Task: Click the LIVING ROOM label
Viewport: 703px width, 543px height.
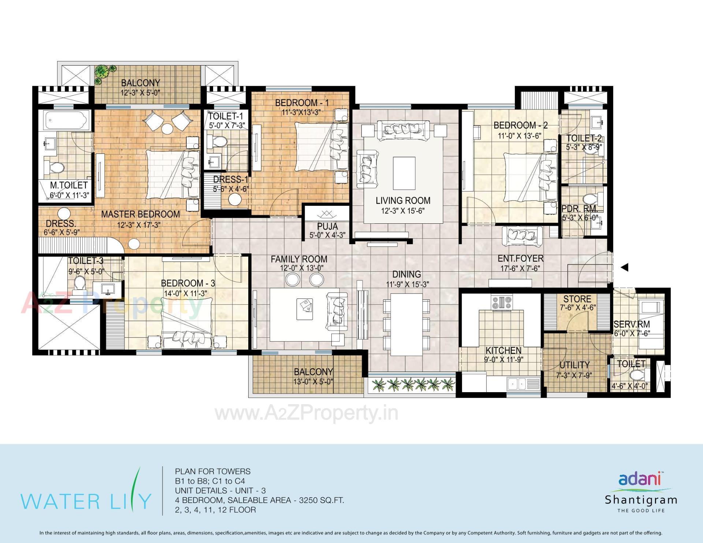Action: coord(403,201)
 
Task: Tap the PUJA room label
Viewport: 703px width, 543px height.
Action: coord(327,226)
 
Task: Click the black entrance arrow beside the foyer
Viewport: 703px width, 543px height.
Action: coord(625,267)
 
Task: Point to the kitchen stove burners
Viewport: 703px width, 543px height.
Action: coord(502,302)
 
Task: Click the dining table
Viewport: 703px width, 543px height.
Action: coord(406,324)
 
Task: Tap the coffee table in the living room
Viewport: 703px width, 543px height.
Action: coord(404,173)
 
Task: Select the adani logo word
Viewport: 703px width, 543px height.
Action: coord(639,479)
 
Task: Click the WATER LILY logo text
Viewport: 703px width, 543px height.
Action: coord(86,501)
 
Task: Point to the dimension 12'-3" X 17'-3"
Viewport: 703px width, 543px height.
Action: coord(139,225)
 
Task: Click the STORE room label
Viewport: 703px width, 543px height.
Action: coord(577,299)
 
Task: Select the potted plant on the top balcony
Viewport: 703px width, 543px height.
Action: coord(104,72)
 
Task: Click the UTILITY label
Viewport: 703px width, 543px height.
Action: coord(574,365)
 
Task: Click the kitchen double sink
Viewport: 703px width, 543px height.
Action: coord(517,384)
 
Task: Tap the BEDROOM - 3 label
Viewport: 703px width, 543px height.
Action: coord(188,283)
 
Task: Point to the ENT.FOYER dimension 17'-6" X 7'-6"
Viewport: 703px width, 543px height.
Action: coord(520,268)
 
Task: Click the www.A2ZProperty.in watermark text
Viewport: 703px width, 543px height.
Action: coord(306,413)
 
